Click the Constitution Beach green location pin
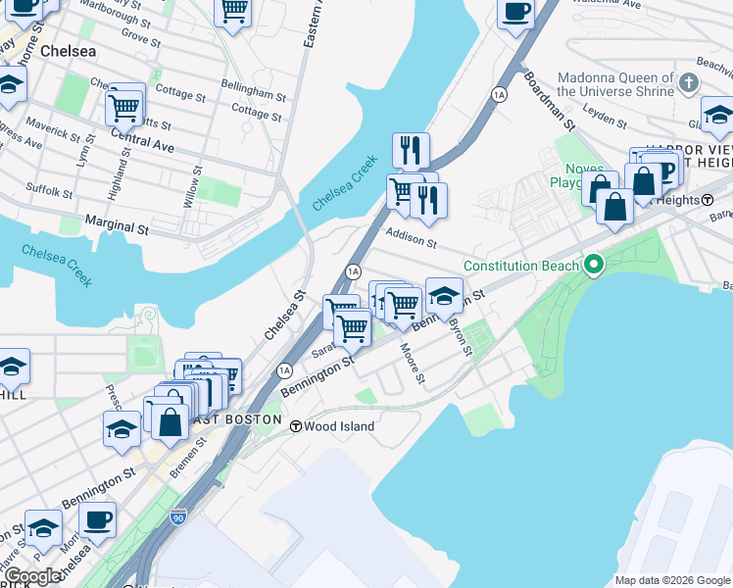592,266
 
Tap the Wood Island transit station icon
295,426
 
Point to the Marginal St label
116,227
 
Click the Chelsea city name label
68,51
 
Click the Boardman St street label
549,100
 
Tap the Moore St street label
412,363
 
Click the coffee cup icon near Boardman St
515,13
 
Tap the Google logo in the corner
31,576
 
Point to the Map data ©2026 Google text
672,579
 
